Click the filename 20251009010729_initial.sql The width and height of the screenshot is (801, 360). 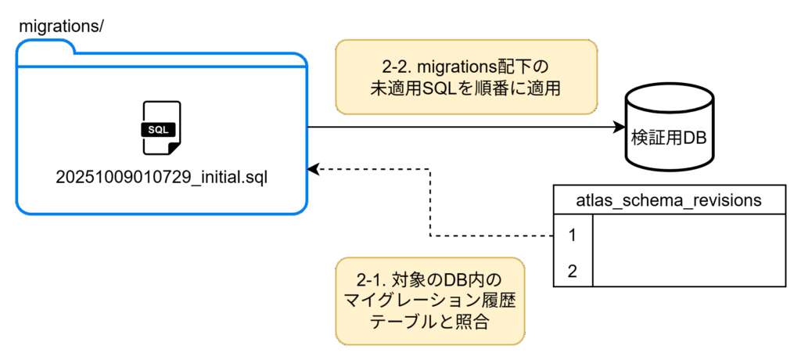pyautogui.click(x=161, y=176)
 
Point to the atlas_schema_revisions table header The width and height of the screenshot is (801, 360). pyautogui.click(x=669, y=200)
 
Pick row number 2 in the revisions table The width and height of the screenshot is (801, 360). pyautogui.click(x=573, y=271)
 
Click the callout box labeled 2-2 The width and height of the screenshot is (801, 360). pyautogui.click(x=466, y=77)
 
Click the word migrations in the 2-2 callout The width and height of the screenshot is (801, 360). pyautogui.click(x=454, y=66)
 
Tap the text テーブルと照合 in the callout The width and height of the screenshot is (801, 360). pyautogui.click(x=430, y=321)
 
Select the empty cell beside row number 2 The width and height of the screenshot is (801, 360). pyautogui.click(x=689, y=271)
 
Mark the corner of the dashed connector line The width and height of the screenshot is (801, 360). pyautogui.click(x=429, y=234)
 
